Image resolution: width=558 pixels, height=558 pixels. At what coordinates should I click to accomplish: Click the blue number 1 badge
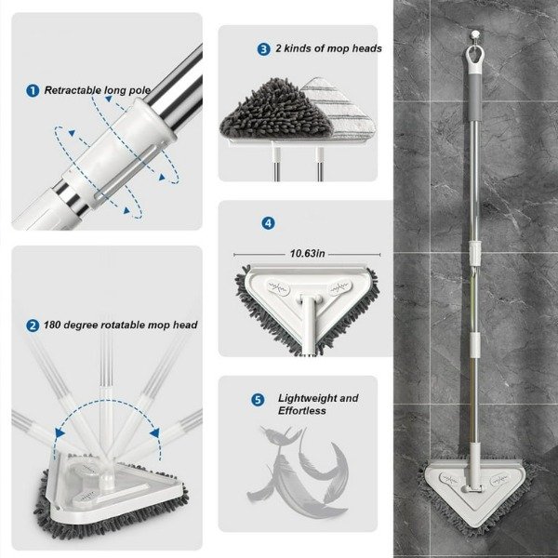[x=33, y=91]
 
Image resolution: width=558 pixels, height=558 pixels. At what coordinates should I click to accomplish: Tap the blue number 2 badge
[x=33, y=325]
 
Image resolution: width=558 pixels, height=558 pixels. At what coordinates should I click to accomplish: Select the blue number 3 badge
[x=263, y=49]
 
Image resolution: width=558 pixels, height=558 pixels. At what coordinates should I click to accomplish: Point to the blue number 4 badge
[x=268, y=223]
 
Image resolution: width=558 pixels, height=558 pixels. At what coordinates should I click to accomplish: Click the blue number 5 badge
[x=258, y=399]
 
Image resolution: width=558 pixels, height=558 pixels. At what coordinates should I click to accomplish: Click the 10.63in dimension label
[x=307, y=253]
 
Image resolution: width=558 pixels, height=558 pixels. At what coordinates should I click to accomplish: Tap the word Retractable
[x=71, y=90]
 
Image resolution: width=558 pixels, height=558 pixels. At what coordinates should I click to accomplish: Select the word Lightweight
[x=308, y=398]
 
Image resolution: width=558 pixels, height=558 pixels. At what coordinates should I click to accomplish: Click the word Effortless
[x=301, y=411]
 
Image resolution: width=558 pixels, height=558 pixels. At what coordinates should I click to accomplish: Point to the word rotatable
[x=122, y=325]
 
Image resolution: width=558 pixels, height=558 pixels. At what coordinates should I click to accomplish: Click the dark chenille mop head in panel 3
[x=276, y=111]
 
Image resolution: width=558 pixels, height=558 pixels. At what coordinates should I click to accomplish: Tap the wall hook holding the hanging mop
[x=473, y=35]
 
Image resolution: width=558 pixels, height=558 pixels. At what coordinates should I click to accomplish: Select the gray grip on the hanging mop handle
[x=473, y=97]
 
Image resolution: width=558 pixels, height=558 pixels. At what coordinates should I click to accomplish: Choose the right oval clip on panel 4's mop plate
[x=339, y=286]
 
